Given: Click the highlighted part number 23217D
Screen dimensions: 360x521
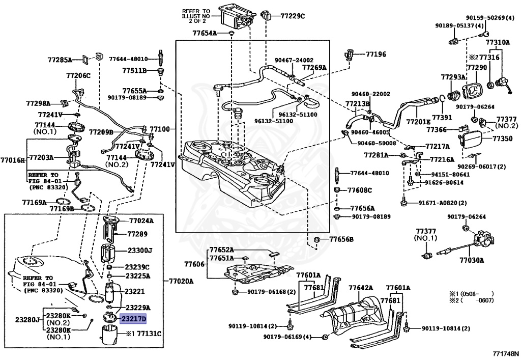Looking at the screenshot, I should click(x=133, y=319).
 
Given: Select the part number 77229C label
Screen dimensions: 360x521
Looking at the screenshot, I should click(x=293, y=16).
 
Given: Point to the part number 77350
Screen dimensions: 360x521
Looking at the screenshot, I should click(x=504, y=138).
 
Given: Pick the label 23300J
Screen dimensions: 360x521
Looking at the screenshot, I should click(x=140, y=251).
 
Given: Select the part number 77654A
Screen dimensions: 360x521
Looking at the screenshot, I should click(x=205, y=33).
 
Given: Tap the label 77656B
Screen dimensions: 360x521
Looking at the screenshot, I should click(x=341, y=239).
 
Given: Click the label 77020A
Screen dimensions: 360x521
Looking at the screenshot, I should click(x=182, y=281).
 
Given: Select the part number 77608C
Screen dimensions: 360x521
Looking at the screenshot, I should click(x=360, y=190).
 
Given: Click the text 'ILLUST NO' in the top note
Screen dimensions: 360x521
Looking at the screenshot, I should click(x=195, y=15).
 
